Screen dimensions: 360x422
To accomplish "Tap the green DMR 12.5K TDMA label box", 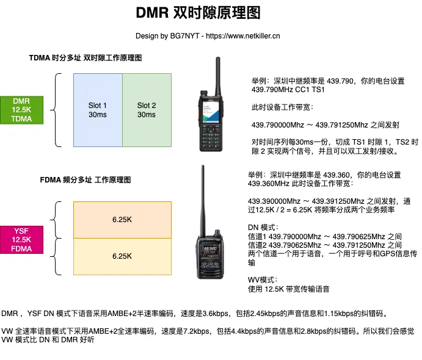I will [25, 110].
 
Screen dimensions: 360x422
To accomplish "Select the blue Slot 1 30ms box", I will [98, 110].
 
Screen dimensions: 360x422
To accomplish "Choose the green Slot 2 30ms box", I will [147, 110].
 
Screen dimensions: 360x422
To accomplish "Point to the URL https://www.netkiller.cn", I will [243, 36].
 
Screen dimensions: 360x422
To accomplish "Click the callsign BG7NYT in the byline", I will [179, 36].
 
